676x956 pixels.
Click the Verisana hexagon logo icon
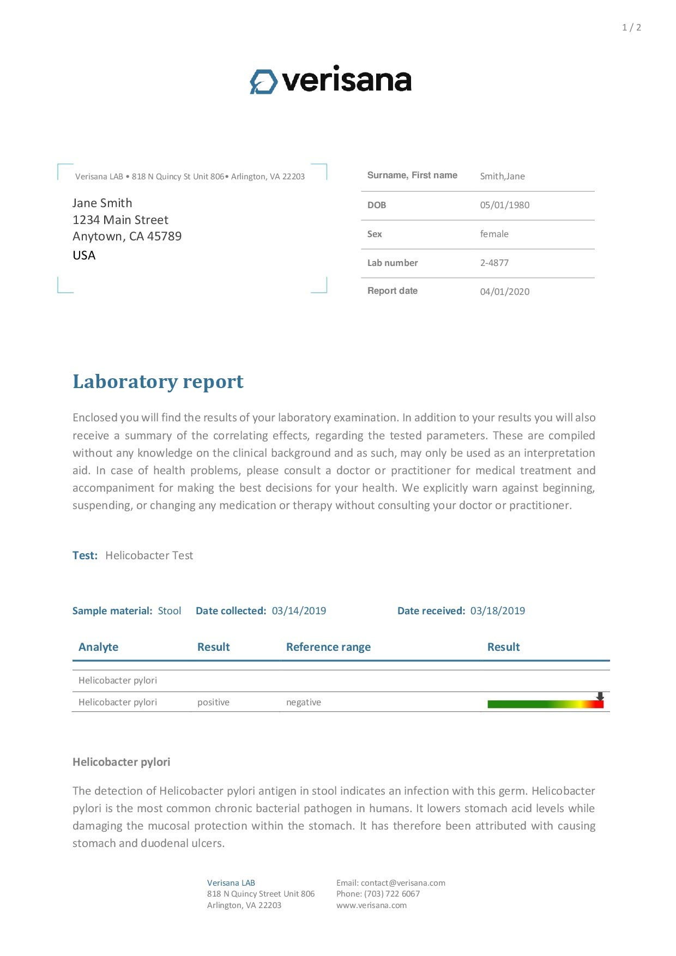coord(264,82)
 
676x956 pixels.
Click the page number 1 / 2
coord(631,27)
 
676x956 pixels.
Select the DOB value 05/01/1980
coord(504,205)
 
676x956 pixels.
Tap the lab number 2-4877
coord(494,263)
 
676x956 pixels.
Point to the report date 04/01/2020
coord(504,292)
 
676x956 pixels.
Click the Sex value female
coord(494,234)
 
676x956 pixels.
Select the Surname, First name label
coord(412,176)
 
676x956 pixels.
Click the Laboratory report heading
coord(158,382)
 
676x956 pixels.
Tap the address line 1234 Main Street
coord(120,220)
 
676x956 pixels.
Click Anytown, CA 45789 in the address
coord(127,236)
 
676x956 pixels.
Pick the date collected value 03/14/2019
coord(299,611)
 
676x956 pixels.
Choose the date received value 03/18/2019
coord(497,611)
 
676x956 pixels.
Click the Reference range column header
coord(328,647)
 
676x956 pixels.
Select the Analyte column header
coord(98,647)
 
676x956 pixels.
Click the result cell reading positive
coord(213,702)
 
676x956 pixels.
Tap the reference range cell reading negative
coord(303,702)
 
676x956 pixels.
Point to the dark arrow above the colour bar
coord(600,696)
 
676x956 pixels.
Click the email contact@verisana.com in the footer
coord(403,883)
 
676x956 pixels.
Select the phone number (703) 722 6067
coord(392,894)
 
